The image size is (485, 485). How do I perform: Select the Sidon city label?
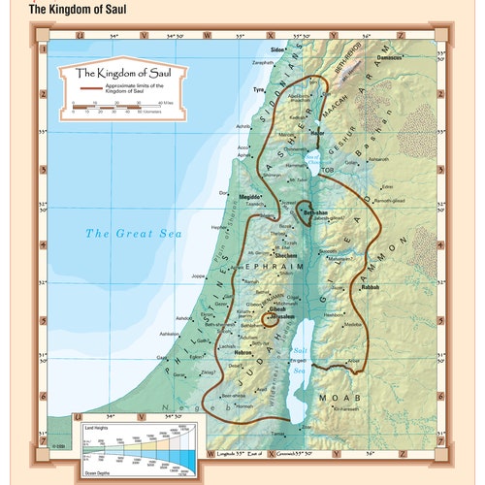[278, 48]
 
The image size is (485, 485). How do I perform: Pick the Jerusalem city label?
[284, 317]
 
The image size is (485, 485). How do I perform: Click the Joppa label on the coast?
[200, 275]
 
